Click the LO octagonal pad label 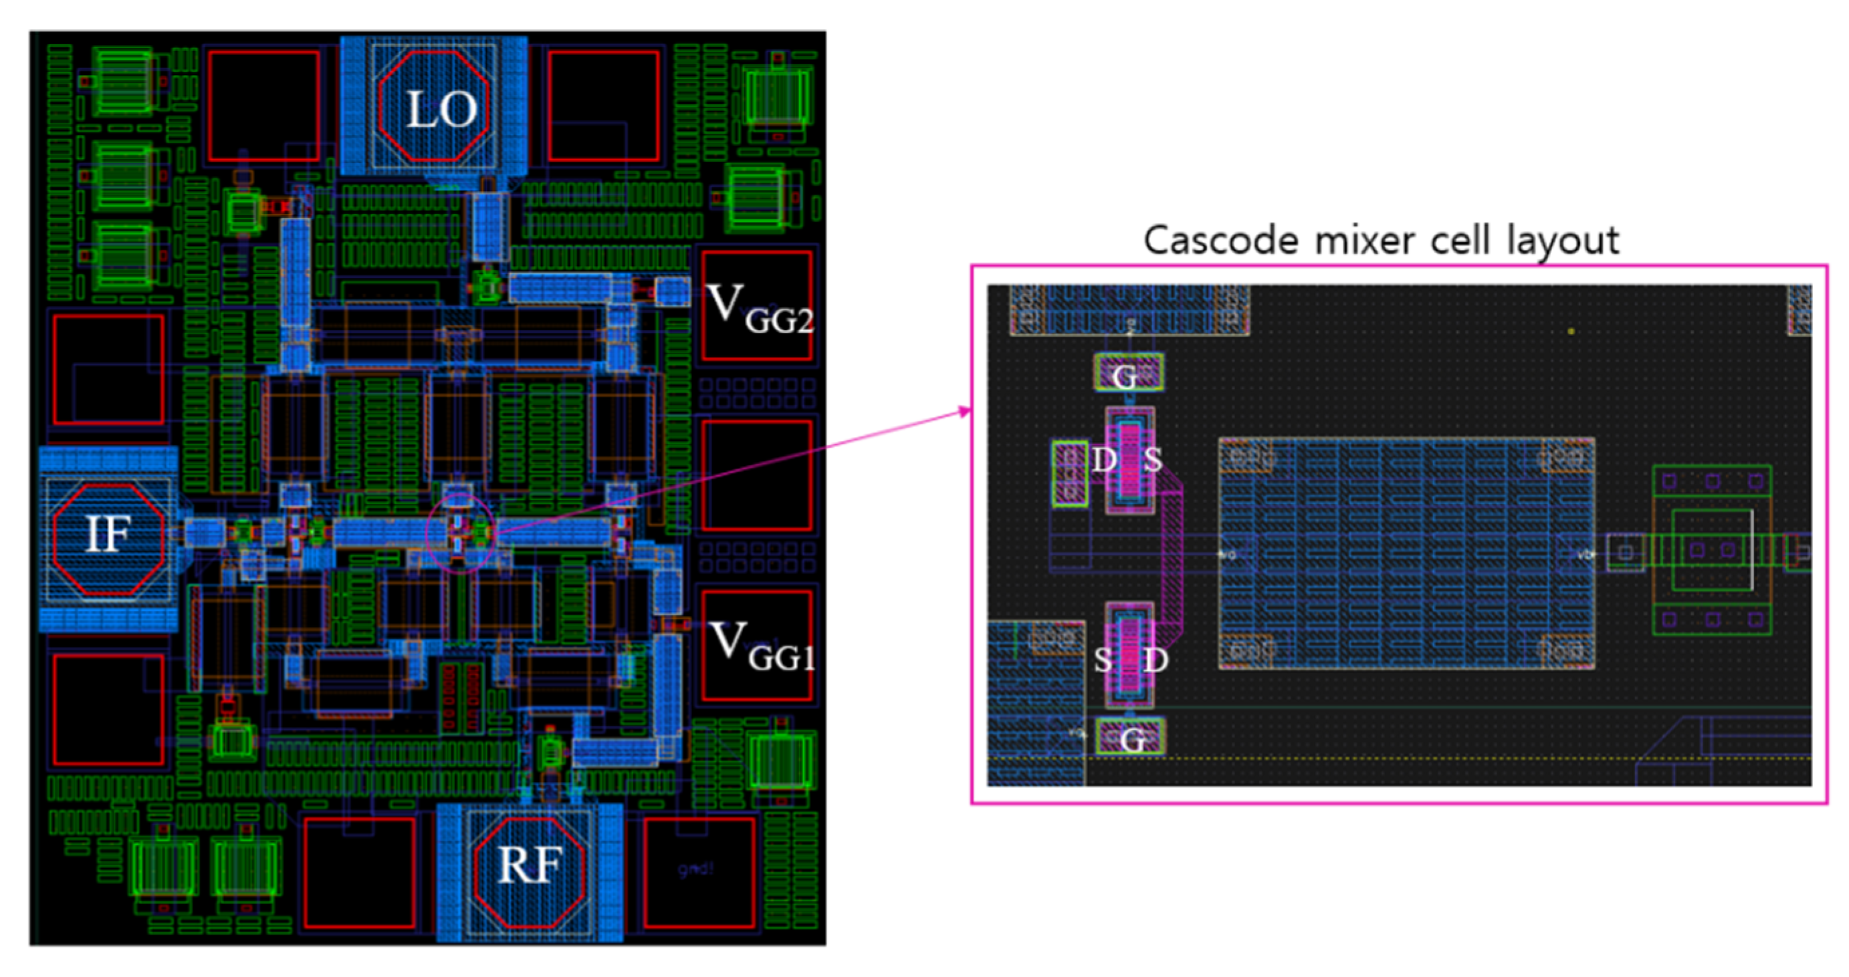[x=441, y=110]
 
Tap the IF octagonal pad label [x=108, y=534]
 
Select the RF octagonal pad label [x=528, y=866]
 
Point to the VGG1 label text [x=761, y=646]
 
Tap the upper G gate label [x=1125, y=375]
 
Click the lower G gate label [x=1132, y=740]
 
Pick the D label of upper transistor [x=1104, y=460]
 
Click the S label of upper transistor [x=1152, y=460]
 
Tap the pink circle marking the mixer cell [x=460, y=533]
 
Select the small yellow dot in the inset [x=1571, y=331]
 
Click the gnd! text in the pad [x=695, y=869]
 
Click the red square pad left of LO [x=263, y=106]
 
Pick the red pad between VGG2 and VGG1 [x=756, y=475]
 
